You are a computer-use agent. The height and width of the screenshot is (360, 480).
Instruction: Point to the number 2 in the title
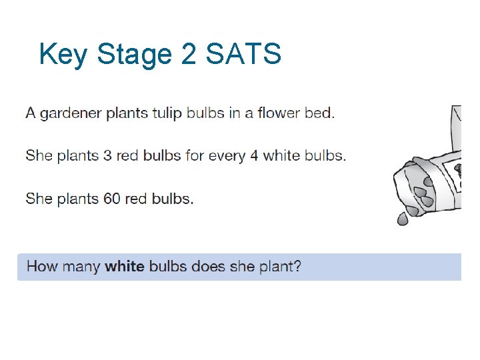pos(189,54)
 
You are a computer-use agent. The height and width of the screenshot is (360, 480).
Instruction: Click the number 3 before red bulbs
pos(107,156)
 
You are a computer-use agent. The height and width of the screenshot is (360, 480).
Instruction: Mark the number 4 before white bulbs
pos(254,156)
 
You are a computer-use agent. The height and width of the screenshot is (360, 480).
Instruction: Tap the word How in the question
pos(42,267)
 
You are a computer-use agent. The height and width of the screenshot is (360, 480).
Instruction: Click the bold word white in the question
pos(125,267)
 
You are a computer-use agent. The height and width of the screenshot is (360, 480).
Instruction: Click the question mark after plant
pos(297,267)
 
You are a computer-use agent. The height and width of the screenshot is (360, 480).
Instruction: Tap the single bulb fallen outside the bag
pos(403,218)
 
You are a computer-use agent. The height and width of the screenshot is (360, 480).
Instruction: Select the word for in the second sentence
pos(195,156)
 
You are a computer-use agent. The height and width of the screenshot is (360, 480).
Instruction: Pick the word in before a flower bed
pos(235,113)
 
